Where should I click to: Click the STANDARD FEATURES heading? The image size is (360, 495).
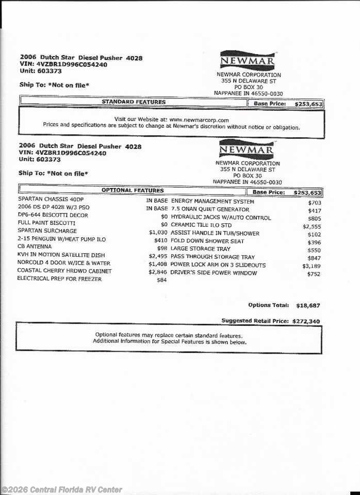(134, 102)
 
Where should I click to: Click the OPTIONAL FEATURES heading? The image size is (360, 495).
(133, 190)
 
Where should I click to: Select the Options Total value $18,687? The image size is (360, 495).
(308, 305)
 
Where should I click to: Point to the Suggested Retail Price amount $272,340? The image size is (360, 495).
(306, 321)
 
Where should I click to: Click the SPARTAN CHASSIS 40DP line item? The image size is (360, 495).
(47, 199)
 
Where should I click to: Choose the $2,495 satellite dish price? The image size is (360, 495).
(158, 256)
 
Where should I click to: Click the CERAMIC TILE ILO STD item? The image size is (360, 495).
(201, 225)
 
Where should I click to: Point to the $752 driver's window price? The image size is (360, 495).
(314, 274)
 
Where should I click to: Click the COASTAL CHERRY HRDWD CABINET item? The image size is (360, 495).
(64, 271)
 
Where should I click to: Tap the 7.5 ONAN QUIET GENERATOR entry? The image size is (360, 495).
(210, 209)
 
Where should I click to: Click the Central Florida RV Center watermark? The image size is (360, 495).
(61, 489)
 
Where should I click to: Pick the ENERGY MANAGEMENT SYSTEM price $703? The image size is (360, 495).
(314, 203)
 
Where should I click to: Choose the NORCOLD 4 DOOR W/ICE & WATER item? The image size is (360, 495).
(64, 263)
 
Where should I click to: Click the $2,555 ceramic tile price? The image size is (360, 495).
(312, 226)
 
